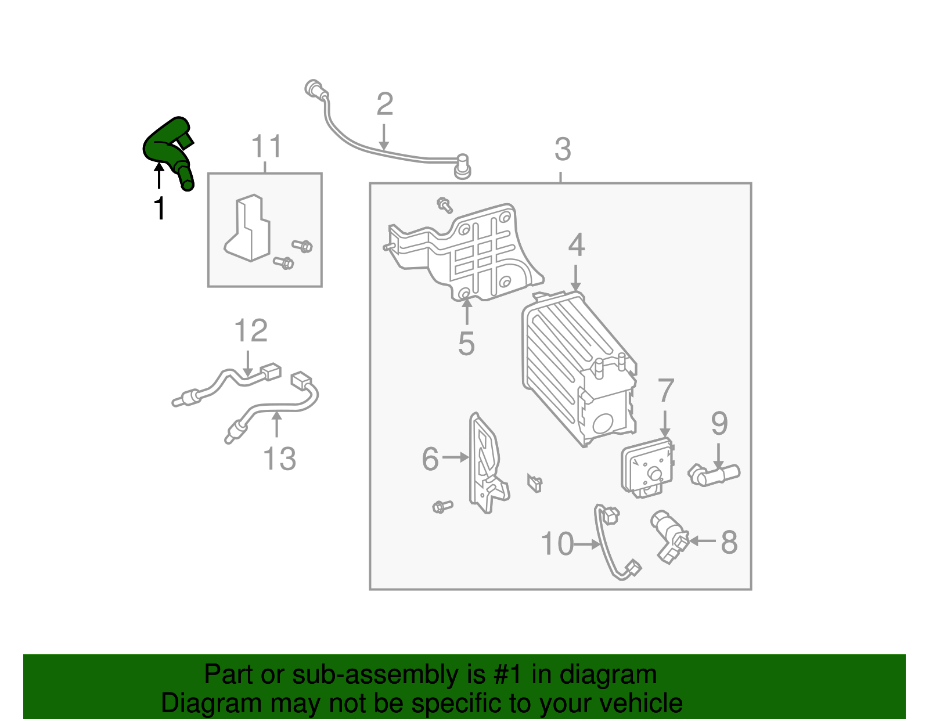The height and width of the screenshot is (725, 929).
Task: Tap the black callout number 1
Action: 159,208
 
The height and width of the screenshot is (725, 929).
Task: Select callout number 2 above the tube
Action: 384,105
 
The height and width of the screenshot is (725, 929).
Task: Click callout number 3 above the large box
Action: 562,150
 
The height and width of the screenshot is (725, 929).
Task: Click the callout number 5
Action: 466,344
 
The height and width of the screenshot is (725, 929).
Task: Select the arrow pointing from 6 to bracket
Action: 456,458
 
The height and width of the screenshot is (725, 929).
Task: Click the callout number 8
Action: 729,543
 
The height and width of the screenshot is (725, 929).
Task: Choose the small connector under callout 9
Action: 714,475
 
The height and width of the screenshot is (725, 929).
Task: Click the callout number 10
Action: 557,544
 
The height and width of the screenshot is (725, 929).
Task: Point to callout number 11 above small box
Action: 267,147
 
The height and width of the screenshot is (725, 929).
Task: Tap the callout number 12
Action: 251,331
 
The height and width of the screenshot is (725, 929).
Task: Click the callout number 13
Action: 279,459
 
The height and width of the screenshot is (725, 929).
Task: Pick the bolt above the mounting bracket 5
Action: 445,204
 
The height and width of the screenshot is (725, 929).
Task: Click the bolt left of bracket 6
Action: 442,507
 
